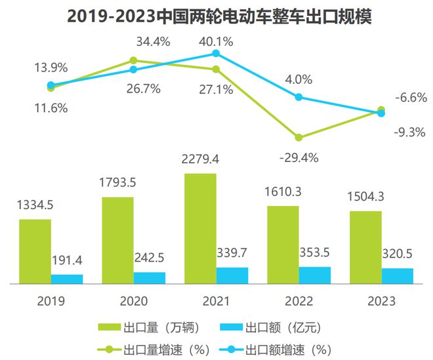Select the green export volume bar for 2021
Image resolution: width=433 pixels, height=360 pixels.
tap(200, 228)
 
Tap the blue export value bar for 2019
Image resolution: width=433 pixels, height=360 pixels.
tap(67, 279)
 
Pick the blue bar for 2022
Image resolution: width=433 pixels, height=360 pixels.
tap(315, 275)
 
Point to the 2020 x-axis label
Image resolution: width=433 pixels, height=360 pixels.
tap(134, 301)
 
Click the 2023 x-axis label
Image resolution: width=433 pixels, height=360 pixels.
tap(382, 301)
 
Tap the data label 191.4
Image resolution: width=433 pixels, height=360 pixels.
tap(68, 260)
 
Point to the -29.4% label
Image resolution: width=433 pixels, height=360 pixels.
tap(299, 157)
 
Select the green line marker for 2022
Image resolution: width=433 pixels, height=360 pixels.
tap(299, 138)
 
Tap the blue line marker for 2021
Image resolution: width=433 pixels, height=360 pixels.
tap(216, 55)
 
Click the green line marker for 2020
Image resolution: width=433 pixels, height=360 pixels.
tap(134, 61)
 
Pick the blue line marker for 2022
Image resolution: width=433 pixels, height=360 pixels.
tap(299, 97)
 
